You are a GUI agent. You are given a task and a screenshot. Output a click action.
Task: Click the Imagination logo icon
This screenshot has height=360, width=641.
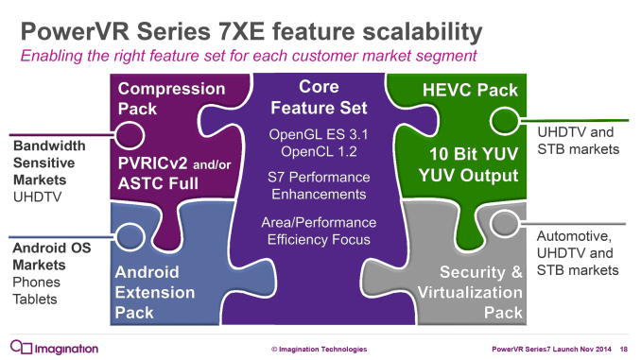[x=21, y=348]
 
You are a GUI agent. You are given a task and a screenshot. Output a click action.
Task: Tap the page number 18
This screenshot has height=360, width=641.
[x=623, y=350]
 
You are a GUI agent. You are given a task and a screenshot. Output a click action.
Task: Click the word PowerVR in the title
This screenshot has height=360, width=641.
[x=75, y=31]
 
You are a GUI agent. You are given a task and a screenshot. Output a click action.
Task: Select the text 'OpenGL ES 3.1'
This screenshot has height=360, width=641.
[x=319, y=134]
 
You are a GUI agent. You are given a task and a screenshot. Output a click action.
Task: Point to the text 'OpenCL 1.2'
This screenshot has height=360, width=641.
[x=319, y=151]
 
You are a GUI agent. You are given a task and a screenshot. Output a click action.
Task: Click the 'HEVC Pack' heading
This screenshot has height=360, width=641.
[x=470, y=90]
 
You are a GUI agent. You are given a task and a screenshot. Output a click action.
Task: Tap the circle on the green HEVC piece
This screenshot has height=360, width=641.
[x=504, y=121]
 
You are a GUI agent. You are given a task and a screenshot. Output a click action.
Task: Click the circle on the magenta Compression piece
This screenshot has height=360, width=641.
[x=130, y=135]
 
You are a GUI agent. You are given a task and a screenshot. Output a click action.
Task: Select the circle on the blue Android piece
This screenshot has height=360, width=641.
[x=130, y=237]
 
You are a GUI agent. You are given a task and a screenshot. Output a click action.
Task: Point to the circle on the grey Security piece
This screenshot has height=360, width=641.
[x=504, y=224]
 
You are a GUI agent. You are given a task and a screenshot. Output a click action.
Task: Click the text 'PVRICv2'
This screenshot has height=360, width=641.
[x=152, y=163]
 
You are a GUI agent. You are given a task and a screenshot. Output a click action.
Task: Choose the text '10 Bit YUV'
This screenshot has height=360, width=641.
[x=474, y=154]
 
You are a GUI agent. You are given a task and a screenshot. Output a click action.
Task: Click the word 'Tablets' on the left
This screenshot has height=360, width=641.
[x=35, y=300]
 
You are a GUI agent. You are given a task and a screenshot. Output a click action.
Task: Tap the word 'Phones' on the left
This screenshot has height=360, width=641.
[x=36, y=282]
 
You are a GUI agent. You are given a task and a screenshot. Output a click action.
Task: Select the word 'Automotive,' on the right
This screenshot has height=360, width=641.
[x=575, y=236]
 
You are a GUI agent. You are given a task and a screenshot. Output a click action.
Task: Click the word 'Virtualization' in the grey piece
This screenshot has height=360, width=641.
[x=470, y=293]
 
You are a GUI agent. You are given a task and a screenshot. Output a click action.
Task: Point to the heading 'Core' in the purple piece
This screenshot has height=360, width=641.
[x=319, y=87]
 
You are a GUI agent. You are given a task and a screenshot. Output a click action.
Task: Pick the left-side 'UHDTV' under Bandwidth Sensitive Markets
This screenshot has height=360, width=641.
[x=37, y=197]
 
